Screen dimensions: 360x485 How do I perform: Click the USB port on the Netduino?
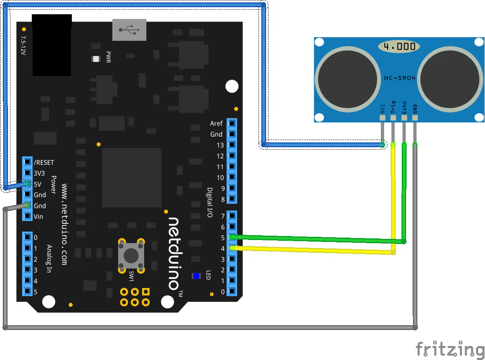pos(129,30)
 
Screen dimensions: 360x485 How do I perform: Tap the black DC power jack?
pos(52,45)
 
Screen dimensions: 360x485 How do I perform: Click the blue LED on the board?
pos(196,276)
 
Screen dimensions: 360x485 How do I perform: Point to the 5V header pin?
pos(27,184)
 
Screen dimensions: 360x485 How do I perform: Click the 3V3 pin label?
pos(40,174)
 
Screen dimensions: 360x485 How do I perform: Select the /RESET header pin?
pos(27,162)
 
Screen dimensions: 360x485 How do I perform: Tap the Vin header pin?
pos(27,216)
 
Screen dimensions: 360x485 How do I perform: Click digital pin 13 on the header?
pos(232,145)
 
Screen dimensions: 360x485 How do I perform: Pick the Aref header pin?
pos(232,124)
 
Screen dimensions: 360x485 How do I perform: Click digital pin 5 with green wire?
pos(232,238)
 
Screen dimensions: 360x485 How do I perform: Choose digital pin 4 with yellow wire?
pos(232,248)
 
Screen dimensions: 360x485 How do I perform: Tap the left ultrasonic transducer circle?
pos(347,78)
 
